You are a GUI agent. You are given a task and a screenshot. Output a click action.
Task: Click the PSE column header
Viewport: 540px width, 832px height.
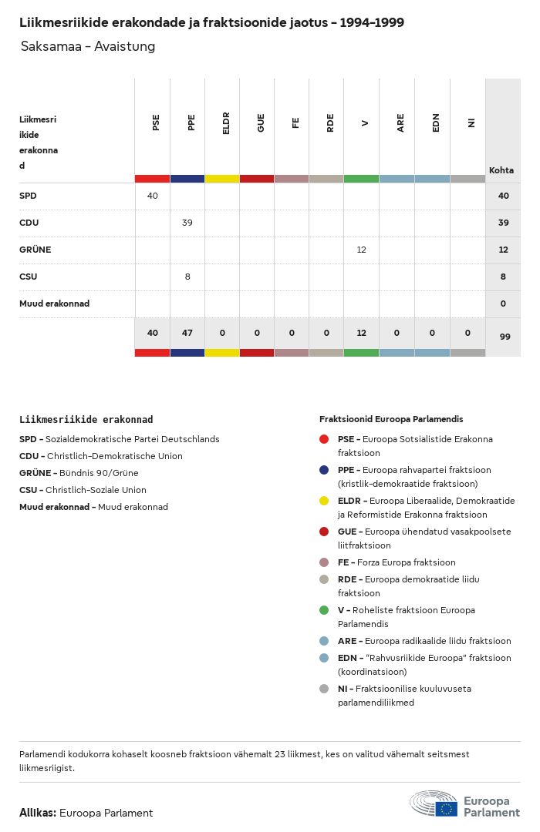point(156,123)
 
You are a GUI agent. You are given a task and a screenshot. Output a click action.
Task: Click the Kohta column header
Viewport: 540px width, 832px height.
point(501,170)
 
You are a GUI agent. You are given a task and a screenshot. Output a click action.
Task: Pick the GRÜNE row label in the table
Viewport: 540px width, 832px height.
point(35,250)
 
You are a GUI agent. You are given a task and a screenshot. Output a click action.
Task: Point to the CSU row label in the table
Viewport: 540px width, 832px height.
point(28,277)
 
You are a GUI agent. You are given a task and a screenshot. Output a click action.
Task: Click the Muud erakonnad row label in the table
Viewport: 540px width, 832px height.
point(54,304)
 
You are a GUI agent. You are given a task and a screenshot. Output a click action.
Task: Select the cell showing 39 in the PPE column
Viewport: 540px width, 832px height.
point(187,223)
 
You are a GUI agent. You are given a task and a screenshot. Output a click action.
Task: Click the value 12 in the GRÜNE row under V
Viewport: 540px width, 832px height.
point(361,250)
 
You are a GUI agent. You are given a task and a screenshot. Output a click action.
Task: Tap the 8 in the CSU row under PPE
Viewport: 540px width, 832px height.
point(187,277)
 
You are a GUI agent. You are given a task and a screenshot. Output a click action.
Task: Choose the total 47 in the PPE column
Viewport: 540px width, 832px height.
point(187,333)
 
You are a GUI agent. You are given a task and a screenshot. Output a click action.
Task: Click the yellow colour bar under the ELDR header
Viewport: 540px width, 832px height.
point(222,179)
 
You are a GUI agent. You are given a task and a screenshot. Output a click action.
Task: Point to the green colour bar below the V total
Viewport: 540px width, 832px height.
point(362,353)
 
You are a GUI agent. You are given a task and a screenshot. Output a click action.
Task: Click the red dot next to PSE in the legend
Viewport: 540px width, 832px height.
point(324,439)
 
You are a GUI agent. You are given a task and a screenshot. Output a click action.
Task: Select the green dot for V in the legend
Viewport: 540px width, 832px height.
point(324,610)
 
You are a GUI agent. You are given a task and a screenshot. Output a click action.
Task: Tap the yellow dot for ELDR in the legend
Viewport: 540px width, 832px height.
point(324,501)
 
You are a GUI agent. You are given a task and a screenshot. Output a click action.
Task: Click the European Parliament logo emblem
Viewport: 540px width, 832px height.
point(434,803)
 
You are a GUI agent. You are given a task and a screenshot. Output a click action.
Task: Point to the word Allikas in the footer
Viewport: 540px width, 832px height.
point(37,813)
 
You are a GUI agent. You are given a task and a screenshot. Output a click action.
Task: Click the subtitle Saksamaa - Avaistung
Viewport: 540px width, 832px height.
point(88,46)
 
